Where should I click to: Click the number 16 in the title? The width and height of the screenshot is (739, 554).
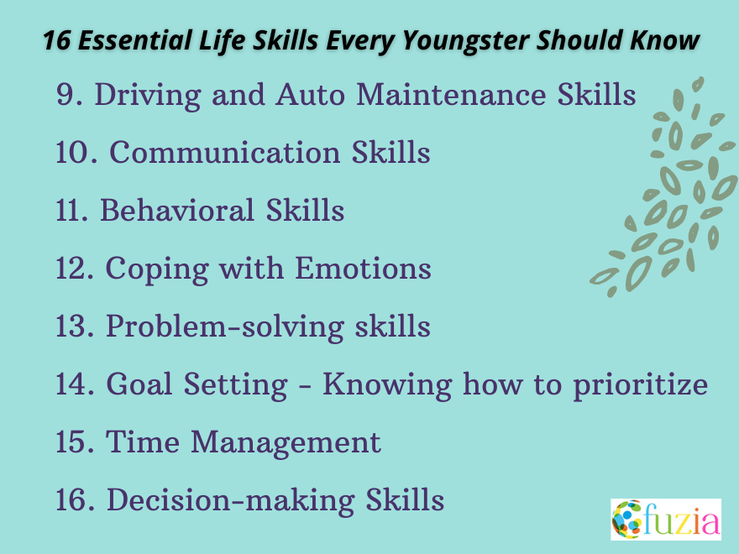click(x=55, y=41)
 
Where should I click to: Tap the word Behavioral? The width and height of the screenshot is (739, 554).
click(x=178, y=211)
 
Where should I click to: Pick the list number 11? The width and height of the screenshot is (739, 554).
click(x=73, y=211)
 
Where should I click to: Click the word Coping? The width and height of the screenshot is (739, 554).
click(x=157, y=269)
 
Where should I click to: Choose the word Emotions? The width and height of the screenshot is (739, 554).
click(x=362, y=269)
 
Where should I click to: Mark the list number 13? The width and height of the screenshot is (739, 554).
click(x=75, y=327)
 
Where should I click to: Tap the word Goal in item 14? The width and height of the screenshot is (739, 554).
click(x=142, y=384)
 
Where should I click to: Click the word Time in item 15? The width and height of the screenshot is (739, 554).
click(x=138, y=442)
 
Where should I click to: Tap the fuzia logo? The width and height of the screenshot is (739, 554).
click(x=665, y=519)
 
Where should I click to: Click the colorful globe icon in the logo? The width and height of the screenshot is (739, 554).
click(x=626, y=519)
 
